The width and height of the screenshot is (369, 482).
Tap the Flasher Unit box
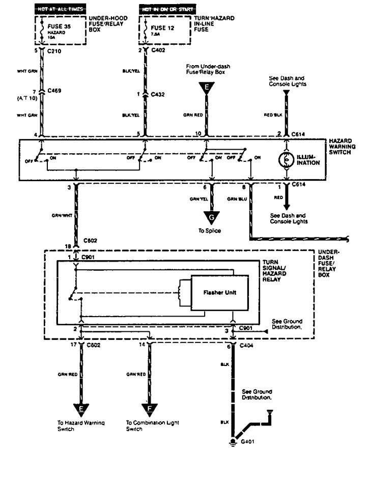click(x=219, y=293)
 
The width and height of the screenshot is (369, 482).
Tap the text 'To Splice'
click(x=210, y=231)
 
